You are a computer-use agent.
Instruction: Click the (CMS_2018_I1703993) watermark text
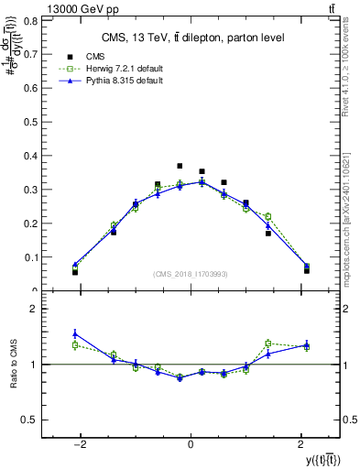click(x=191, y=274)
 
